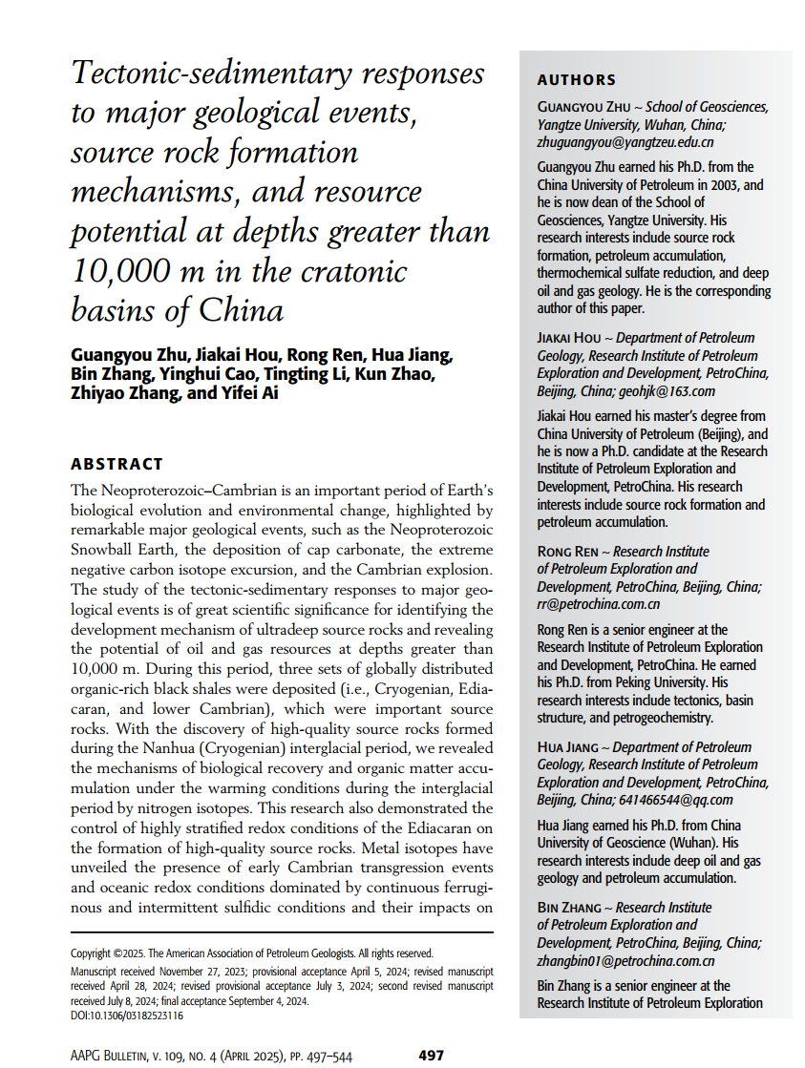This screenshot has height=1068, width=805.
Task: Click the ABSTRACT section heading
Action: click(x=117, y=464)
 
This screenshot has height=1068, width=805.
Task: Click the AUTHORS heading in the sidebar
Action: click(x=576, y=80)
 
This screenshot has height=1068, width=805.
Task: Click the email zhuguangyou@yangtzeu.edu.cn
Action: click(x=612, y=142)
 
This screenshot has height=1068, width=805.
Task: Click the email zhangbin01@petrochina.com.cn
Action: click(x=625, y=961)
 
